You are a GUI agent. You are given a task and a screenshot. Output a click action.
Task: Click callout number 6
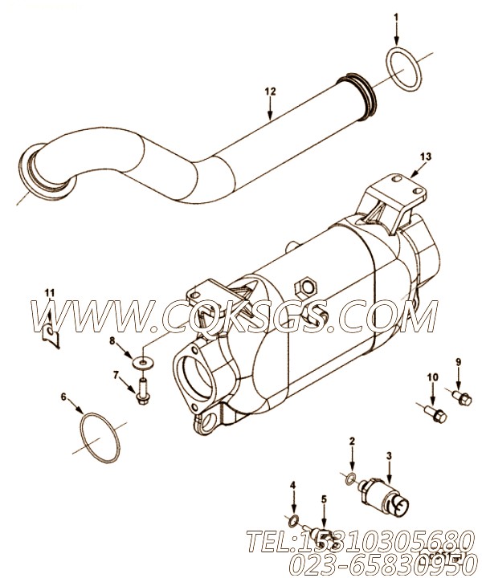(x=64, y=397)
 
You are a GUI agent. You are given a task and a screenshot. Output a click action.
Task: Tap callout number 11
(x=49, y=291)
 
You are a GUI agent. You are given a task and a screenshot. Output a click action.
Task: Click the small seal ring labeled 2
(x=350, y=480)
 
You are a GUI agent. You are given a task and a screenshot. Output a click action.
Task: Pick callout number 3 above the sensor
(x=389, y=455)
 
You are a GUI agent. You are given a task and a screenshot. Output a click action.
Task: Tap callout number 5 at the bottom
(x=324, y=499)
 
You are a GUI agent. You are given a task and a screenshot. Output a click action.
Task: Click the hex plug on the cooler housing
(x=305, y=287)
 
